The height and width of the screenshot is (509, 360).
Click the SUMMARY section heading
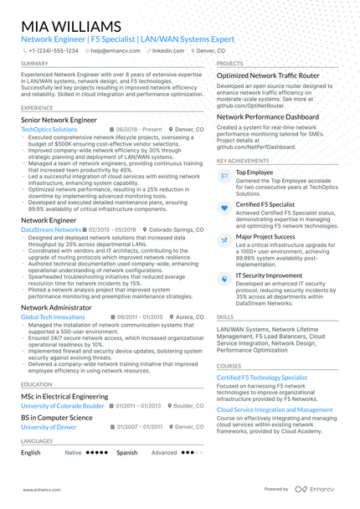(34, 64)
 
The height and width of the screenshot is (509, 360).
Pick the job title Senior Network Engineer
(59, 121)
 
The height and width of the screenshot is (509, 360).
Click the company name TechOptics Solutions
(49, 131)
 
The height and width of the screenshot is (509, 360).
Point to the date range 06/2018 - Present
(138, 131)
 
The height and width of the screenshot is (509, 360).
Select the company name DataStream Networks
(51, 229)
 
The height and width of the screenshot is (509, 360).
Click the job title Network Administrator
(56, 307)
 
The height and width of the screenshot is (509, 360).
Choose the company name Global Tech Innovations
(53, 317)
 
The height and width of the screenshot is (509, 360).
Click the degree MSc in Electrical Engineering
(64, 396)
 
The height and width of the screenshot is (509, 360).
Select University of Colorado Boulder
(63, 406)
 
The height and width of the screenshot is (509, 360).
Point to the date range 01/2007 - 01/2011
(141, 427)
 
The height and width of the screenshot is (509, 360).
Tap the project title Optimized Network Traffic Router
(268, 75)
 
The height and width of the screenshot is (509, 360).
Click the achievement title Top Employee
(255, 172)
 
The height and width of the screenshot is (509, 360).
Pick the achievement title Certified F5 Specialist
(265, 204)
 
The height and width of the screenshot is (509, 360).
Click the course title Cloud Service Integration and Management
(275, 410)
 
